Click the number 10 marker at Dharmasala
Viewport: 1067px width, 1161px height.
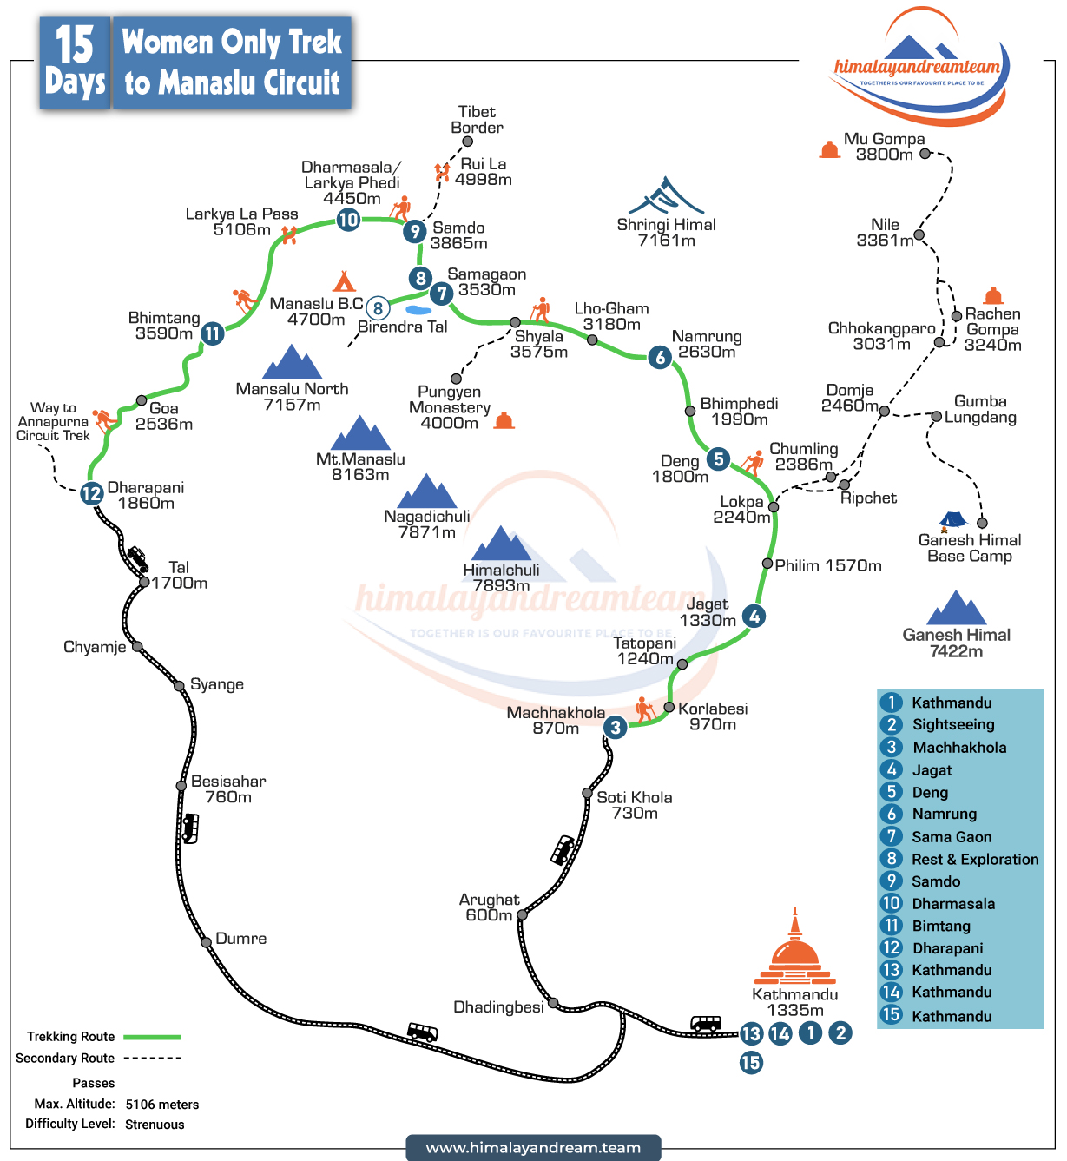point(348,220)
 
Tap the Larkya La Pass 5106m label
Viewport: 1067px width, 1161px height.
point(241,221)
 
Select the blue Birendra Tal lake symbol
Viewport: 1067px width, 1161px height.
point(418,310)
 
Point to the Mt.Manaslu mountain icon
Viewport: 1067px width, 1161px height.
point(361,433)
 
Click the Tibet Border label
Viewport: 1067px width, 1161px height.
point(477,120)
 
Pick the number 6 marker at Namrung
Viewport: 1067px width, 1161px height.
point(661,357)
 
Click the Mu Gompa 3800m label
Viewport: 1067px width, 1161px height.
point(884,147)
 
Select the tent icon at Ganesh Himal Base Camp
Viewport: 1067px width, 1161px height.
point(953,521)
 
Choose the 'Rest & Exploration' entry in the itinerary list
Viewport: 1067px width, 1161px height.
point(974,860)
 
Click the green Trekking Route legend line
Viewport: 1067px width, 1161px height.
point(152,1037)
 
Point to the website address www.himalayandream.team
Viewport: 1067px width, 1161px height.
point(533,1148)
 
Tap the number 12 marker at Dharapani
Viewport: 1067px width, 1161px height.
point(92,493)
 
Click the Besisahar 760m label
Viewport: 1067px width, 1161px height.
point(227,789)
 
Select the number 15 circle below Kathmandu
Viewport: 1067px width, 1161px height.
point(751,1062)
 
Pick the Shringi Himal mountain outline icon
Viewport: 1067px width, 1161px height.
point(666,196)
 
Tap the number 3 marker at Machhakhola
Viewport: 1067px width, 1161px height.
point(616,728)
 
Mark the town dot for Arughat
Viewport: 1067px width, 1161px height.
point(522,915)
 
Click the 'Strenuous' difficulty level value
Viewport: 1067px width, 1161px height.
point(155,1125)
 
